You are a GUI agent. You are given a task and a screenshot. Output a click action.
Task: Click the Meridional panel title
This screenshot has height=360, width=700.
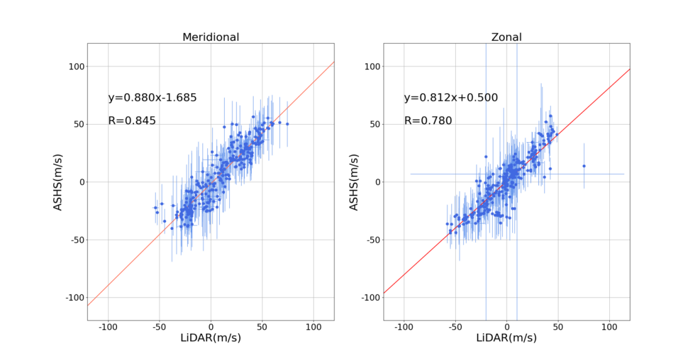point(210,37)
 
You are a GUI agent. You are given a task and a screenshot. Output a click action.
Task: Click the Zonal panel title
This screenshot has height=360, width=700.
point(506,37)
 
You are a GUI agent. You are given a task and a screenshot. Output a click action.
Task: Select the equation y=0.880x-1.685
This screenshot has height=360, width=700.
point(152,98)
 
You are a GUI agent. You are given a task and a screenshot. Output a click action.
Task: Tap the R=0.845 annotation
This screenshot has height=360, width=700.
point(131,121)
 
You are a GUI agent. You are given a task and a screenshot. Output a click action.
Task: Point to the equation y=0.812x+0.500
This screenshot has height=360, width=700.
point(451,98)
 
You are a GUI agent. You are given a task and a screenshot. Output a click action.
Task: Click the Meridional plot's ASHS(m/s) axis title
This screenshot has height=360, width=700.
point(58,182)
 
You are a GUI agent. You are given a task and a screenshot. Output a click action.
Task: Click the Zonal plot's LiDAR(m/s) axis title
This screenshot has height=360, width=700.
point(506,337)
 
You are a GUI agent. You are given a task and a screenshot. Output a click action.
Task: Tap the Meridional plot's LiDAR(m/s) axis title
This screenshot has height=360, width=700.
point(210,337)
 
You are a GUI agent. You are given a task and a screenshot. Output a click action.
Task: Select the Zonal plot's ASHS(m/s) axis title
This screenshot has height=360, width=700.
point(354,182)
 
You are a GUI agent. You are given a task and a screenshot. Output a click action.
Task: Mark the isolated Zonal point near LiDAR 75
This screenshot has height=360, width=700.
point(584,166)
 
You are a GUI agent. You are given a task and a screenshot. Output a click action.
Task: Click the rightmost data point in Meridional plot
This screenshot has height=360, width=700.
point(287,124)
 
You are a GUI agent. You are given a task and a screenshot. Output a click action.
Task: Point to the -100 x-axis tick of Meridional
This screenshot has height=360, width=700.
point(108,327)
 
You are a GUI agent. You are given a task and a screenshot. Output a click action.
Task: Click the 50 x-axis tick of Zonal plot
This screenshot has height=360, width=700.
point(558,327)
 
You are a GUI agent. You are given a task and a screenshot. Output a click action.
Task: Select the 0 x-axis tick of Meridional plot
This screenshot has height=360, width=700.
point(211,327)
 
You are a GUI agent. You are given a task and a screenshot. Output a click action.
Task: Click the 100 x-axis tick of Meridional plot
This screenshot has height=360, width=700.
point(314,327)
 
